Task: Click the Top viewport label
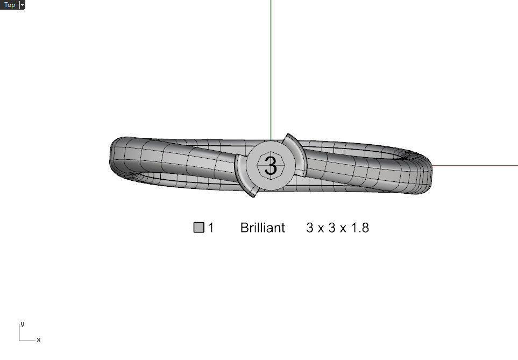(10, 5)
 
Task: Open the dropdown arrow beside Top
(22, 5)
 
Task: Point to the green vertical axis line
(271, 65)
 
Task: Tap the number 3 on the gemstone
(271, 165)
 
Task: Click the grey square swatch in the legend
(199, 228)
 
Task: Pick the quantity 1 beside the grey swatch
(211, 228)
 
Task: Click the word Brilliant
(262, 228)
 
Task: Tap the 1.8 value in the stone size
(360, 228)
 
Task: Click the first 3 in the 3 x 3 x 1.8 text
(310, 228)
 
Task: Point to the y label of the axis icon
(22, 324)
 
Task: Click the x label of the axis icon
(39, 340)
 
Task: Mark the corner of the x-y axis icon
(20, 340)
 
